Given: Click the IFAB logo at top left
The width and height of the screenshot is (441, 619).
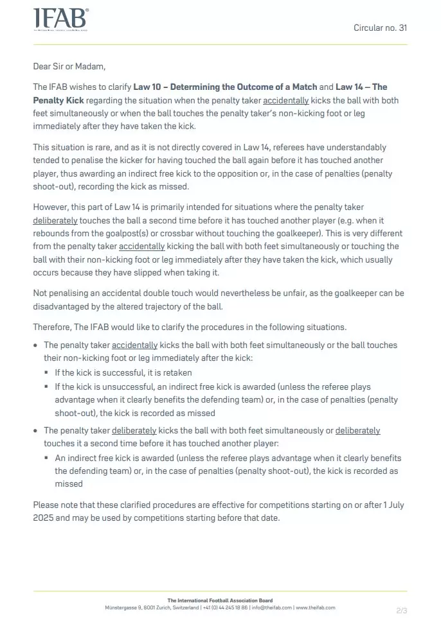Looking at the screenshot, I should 60,20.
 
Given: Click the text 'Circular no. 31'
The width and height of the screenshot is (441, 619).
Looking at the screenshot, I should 380,28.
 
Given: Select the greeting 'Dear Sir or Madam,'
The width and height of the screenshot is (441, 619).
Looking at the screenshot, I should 69,66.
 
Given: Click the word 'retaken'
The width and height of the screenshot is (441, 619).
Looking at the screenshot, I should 177,372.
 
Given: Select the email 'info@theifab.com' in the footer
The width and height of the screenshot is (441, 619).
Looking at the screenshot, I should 272,607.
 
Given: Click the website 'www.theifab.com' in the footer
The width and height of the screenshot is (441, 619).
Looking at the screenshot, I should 315,607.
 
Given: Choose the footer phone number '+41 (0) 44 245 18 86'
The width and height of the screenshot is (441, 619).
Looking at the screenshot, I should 225,607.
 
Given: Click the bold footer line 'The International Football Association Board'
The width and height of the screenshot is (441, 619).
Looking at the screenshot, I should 220,600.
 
